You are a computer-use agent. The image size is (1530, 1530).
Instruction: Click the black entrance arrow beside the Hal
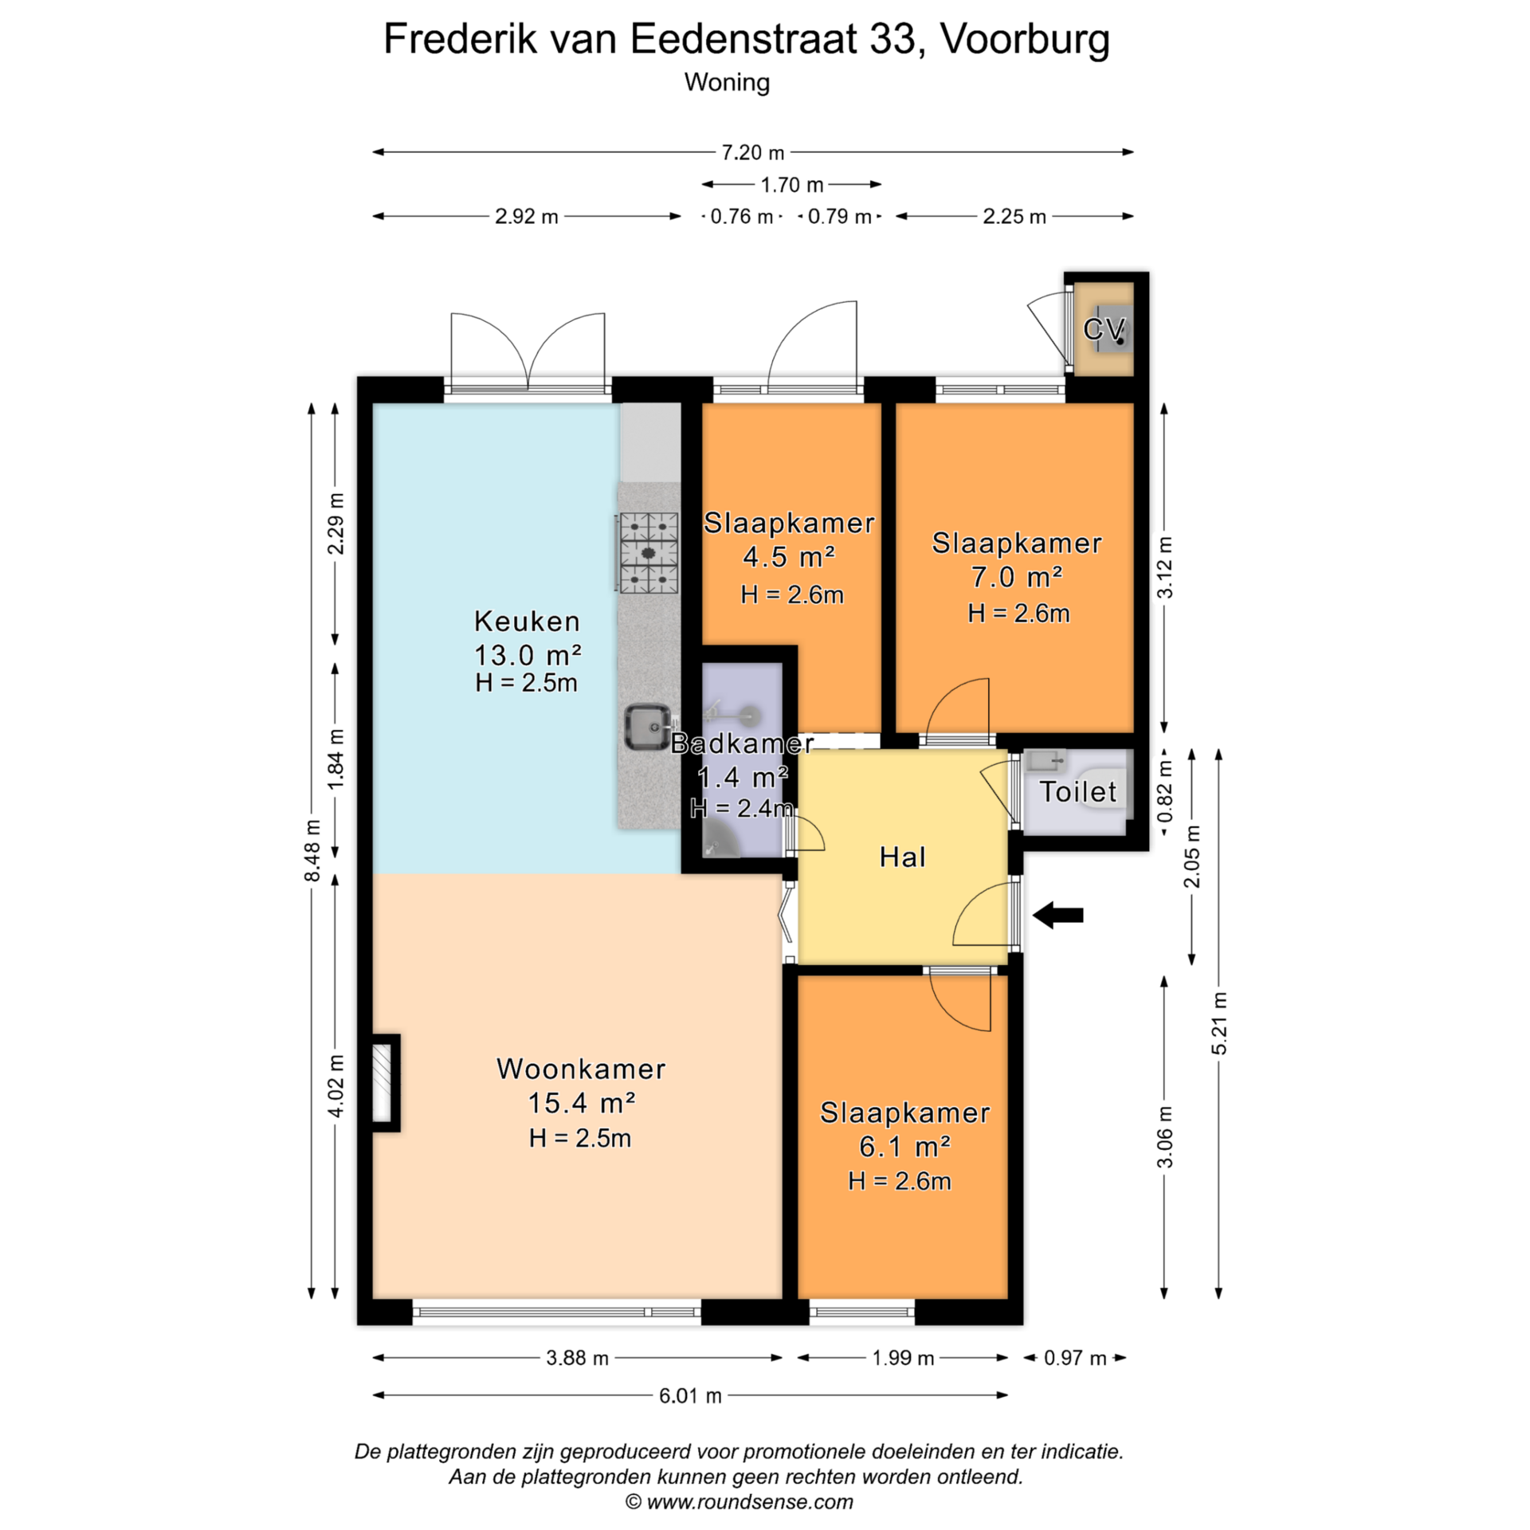(x=1057, y=915)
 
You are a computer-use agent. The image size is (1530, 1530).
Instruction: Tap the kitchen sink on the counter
(x=646, y=727)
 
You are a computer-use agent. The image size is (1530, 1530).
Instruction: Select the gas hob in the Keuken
(x=649, y=553)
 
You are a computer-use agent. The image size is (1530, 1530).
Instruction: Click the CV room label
(x=1104, y=328)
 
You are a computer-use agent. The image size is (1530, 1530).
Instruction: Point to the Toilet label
(x=1078, y=791)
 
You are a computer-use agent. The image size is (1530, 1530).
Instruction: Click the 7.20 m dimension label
(x=753, y=152)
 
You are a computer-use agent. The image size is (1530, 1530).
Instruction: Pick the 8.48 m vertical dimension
(x=312, y=851)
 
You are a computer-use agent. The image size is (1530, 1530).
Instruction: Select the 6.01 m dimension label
(x=690, y=1395)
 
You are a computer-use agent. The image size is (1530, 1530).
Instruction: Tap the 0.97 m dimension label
(x=1075, y=1358)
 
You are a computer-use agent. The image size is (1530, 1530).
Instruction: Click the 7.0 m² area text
(x=1017, y=577)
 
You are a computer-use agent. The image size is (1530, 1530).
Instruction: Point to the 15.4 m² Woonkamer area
(x=582, y=1103)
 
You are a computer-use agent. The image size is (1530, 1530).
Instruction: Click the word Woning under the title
(x=727, y=83)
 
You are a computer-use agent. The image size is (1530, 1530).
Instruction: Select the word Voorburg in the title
(x=1025, y=38)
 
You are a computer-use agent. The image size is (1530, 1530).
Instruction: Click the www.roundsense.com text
(x=750, y=1502)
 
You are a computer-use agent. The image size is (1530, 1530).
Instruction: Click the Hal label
(x=903, y=857)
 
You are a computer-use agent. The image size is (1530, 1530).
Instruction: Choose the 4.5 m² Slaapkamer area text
(x=789, y=557)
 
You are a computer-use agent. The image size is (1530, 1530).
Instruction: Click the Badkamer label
(x=742, y=743)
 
